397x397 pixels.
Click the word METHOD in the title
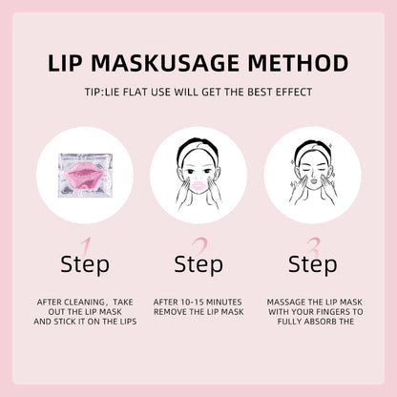click(x=291, y=64)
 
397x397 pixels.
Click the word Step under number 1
click(x=85, y=264)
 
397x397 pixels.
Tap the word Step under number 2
click(x=198, y=264)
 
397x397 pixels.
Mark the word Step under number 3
click(x=312, y=264)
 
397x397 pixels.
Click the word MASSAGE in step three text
click(x=287, y=301)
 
